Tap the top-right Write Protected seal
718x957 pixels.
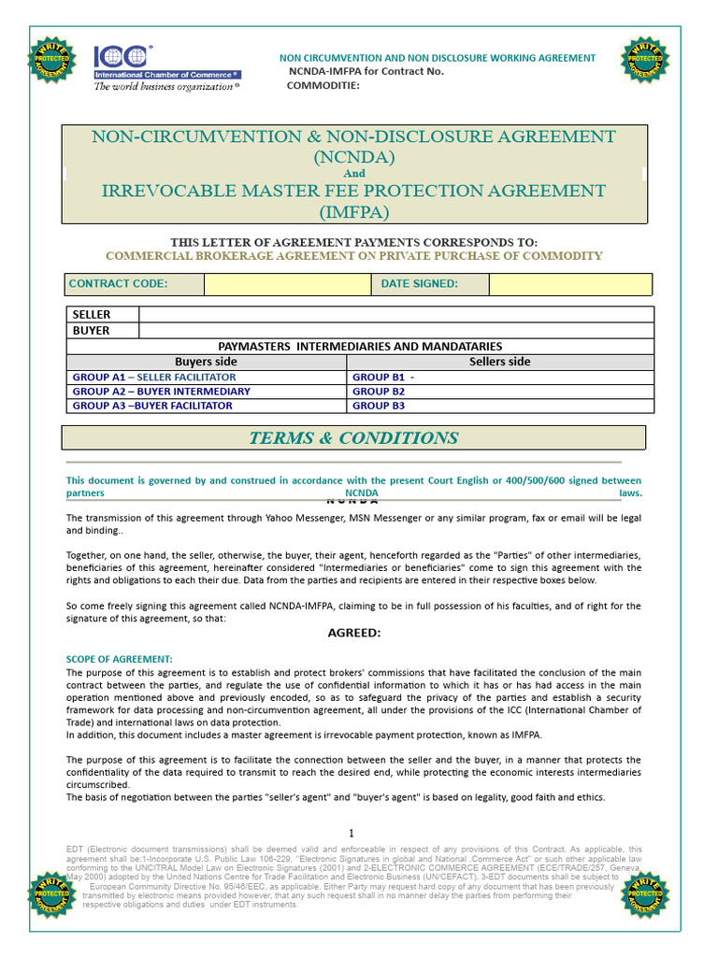[644, 59]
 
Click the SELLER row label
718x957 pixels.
[92, 315]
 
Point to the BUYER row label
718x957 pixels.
[92, 330]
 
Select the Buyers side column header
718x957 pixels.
[207, 362]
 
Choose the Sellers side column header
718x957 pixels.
[499, 362]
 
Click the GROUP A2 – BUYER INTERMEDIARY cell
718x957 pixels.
[162, 392]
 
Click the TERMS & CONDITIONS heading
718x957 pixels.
[353, 438]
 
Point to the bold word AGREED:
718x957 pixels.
[353, 633]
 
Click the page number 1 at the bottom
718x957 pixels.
[352, 833]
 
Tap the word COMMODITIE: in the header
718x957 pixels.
[323, 86]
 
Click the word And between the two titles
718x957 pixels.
[354, 173]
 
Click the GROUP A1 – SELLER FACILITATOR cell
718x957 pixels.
[154, 377]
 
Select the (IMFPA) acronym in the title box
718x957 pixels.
[353, 212]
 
